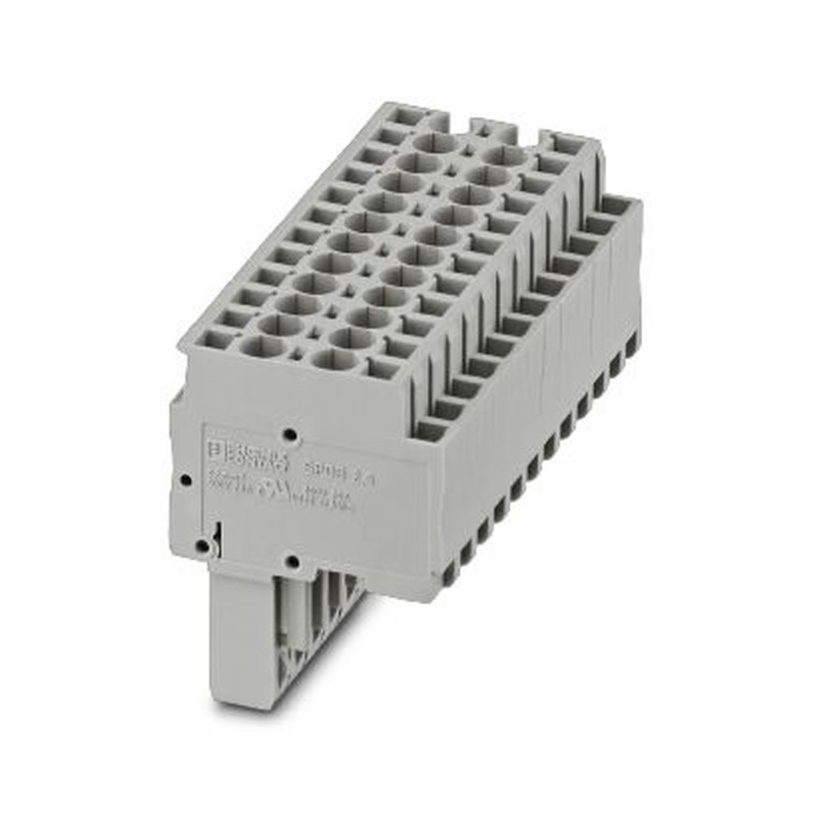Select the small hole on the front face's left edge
coord(185,480)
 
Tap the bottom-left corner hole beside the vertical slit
coord(200,546)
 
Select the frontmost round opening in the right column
coord(333,359)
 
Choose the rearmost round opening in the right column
coord(504,155)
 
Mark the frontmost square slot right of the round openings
coord(382,367)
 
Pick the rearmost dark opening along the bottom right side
coord(631,345)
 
